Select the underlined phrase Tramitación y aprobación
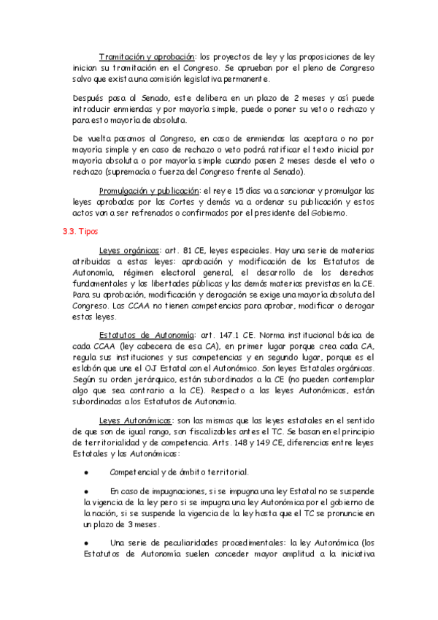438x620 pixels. pyautogui.click(x=147, y=56)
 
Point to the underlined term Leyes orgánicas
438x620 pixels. pyautogui.click(x=129, y=249)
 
